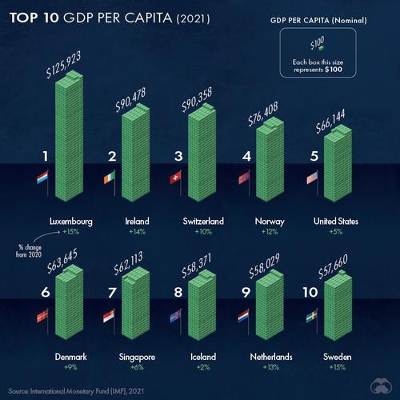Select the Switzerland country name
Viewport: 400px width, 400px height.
pos(200,220)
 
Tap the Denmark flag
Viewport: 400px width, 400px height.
pos(42,318)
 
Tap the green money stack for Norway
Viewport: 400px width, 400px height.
pos(269,160)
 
